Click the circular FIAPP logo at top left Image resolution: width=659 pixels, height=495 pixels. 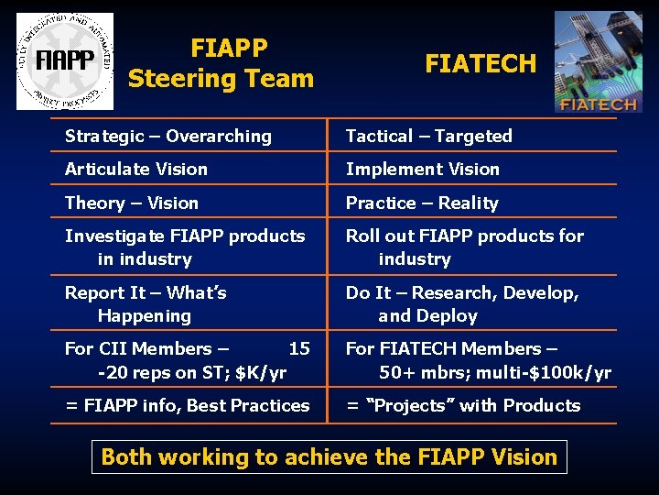tap(64, 61)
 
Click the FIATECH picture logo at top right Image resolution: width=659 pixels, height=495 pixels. tap(598, 61)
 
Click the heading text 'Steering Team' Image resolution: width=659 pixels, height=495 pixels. tap(221, 79)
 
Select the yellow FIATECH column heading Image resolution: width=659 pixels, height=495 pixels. tap(481, 63)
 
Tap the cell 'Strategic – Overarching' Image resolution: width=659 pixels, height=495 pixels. tap(168, 137)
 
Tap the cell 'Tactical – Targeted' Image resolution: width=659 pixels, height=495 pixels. tap(428, 137)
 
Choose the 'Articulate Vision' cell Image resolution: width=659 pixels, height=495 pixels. tap(136, 170)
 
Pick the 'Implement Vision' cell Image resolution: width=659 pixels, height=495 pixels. tap(422, 170)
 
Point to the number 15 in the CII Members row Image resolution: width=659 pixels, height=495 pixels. tap(299, 349)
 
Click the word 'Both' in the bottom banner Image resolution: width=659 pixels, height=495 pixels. tap(125, 456)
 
